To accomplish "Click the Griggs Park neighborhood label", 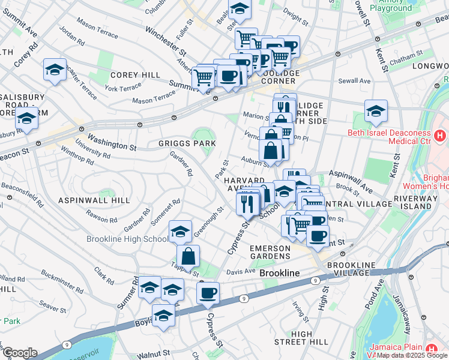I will pyautogui.click(x=187, y=143).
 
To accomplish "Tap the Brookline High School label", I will pyautogui.click(x=127, y=239).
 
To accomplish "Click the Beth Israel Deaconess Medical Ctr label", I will pyautogui.click(x=389, y=137).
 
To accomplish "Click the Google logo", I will pyautogui.click(x=20, y=353).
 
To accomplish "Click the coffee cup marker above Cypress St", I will pyautogui.click(x=208, y=293).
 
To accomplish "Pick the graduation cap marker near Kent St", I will pyautogui.click(x=376, y=110).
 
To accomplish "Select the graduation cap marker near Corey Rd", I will pyautogui.click(x=55, y=69).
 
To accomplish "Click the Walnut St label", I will pyautogui.click(x=154, y=355).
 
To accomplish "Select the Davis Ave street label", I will pyautogui.click(x=241, y=272).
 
